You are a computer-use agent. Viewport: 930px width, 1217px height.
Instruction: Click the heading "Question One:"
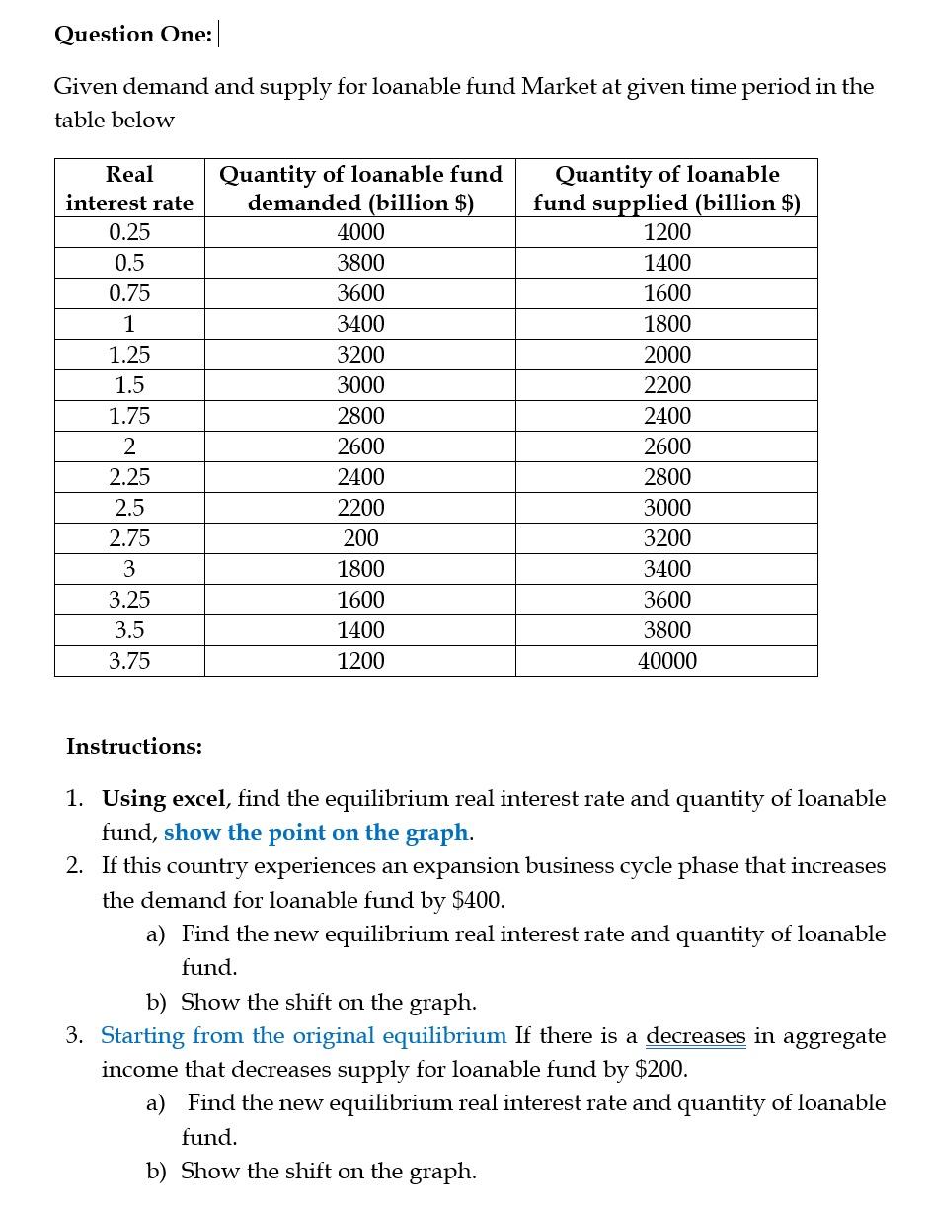click(132, 35)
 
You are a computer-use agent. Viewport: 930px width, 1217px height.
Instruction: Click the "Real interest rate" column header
click(129, 189)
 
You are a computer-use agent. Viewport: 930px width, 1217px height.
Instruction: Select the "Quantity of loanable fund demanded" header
click(360, 189)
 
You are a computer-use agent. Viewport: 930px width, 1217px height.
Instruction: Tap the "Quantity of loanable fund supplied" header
click(666, 189)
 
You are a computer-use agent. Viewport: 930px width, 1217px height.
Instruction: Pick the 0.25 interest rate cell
click(129, 233)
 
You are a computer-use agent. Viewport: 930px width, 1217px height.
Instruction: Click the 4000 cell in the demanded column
click(360, 233)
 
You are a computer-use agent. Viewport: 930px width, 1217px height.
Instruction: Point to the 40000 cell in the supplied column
click(667, 662)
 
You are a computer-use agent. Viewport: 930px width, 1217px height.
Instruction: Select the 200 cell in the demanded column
click(360, 539)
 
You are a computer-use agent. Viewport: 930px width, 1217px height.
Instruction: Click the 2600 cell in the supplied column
click(667, 447)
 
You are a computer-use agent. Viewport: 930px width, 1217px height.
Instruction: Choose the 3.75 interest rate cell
click(129, 662)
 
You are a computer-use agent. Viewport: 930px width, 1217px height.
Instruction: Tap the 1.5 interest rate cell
click(129, 386)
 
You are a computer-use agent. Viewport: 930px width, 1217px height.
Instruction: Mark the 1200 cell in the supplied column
click(667, 233)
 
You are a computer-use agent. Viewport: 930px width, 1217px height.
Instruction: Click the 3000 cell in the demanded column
click(360, 386)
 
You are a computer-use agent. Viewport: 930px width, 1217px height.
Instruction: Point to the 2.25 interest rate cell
click(129, 478)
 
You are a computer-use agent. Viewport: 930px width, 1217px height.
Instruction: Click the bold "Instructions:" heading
click(134, 747)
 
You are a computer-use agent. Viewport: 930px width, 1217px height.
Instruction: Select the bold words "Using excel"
click(165, 799)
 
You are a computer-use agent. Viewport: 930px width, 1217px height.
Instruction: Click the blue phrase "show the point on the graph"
click(316, 833)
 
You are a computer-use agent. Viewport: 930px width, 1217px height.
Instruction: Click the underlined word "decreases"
click(696, 1036)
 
